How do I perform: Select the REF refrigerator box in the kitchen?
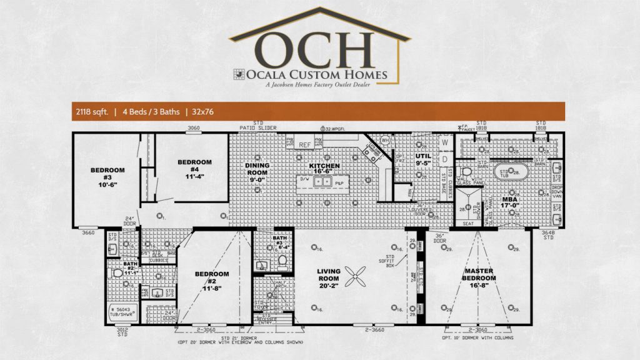pos(305,144)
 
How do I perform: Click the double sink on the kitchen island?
pos(323,182)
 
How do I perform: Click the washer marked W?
pos(446,142)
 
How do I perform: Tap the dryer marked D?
pos(446,159)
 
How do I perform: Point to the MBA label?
pos(510,203)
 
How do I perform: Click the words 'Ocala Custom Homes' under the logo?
pos(316,76)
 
